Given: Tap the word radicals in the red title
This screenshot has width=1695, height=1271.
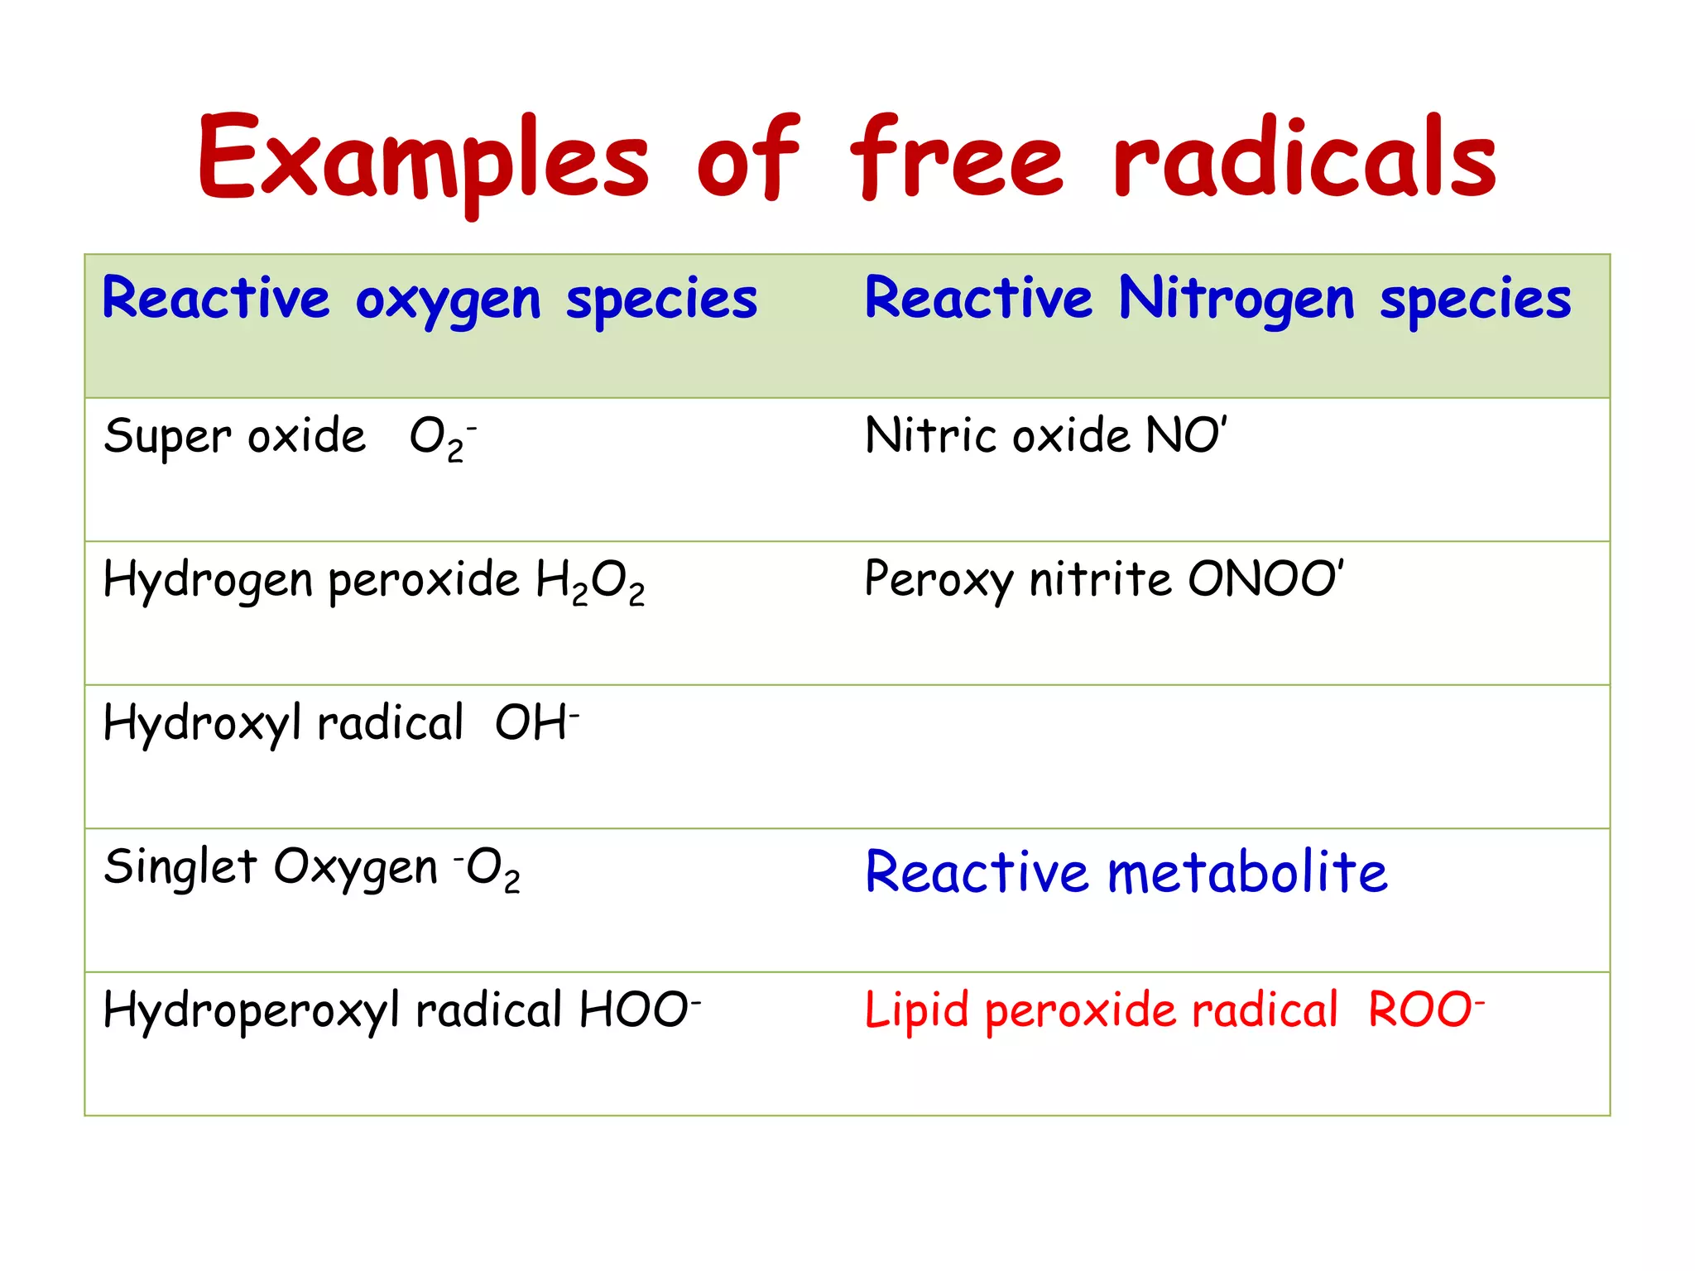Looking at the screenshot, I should [x=1305, y=159].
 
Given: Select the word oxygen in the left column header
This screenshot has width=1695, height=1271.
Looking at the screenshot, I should [x=448, y=300].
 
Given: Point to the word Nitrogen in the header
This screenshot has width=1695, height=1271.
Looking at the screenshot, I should [x=1236, y=300].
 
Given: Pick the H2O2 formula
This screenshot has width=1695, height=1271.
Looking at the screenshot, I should [x=590, y=581].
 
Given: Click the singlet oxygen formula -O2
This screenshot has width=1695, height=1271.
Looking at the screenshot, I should [x=487, y=869].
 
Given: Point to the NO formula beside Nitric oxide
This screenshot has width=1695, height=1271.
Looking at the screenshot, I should [x=1185, y=435].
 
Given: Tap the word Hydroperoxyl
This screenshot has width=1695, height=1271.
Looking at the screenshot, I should [x=252, y=1011].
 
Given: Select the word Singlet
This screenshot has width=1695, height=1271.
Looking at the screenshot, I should [x=180, y=867].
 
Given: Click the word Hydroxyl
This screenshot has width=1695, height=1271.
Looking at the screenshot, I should [x=202, y=724].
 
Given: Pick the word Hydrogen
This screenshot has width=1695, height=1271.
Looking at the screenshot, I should [x=208, y=581].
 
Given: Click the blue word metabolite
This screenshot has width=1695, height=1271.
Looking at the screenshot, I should [x=1247, y=872].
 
